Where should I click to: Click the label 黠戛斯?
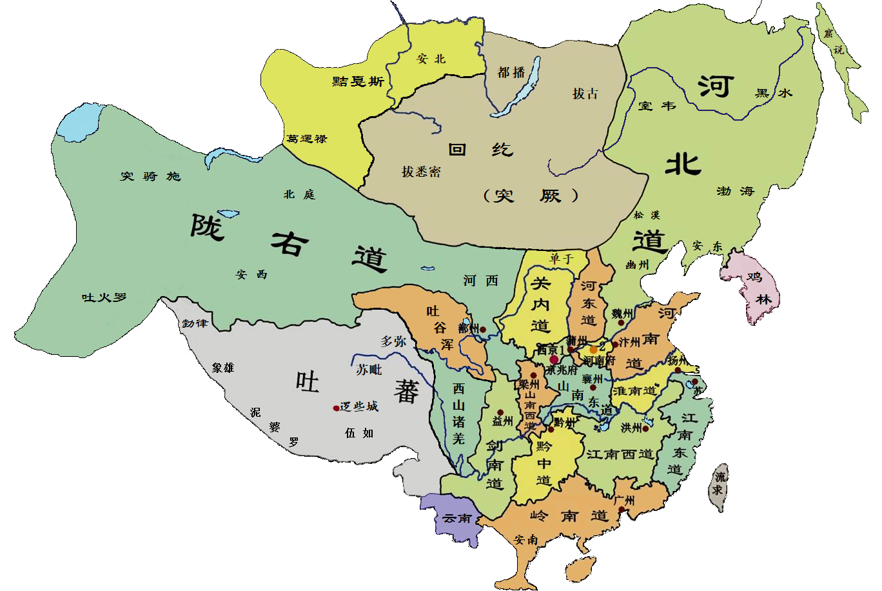pos(358,81)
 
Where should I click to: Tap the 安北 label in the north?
pos(431,59)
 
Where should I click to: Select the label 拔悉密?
pos(421,172)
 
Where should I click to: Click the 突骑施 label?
pos(150,176)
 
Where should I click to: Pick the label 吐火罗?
pos(104,297)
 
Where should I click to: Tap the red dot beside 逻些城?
pos(336,408)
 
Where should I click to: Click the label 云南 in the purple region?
pos(457,519)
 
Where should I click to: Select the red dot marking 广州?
pos(622,510)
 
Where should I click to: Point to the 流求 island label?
pos(718,484)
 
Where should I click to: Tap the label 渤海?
pos(735,191)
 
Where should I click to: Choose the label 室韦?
pos(656,106)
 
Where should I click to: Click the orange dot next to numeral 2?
pos(593,350)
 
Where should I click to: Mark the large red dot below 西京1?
pos(554,359)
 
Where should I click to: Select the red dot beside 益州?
pos(500,412)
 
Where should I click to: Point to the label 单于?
pos(561,259)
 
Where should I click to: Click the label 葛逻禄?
pos(307,139)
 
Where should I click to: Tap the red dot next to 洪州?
pos(645,428)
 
